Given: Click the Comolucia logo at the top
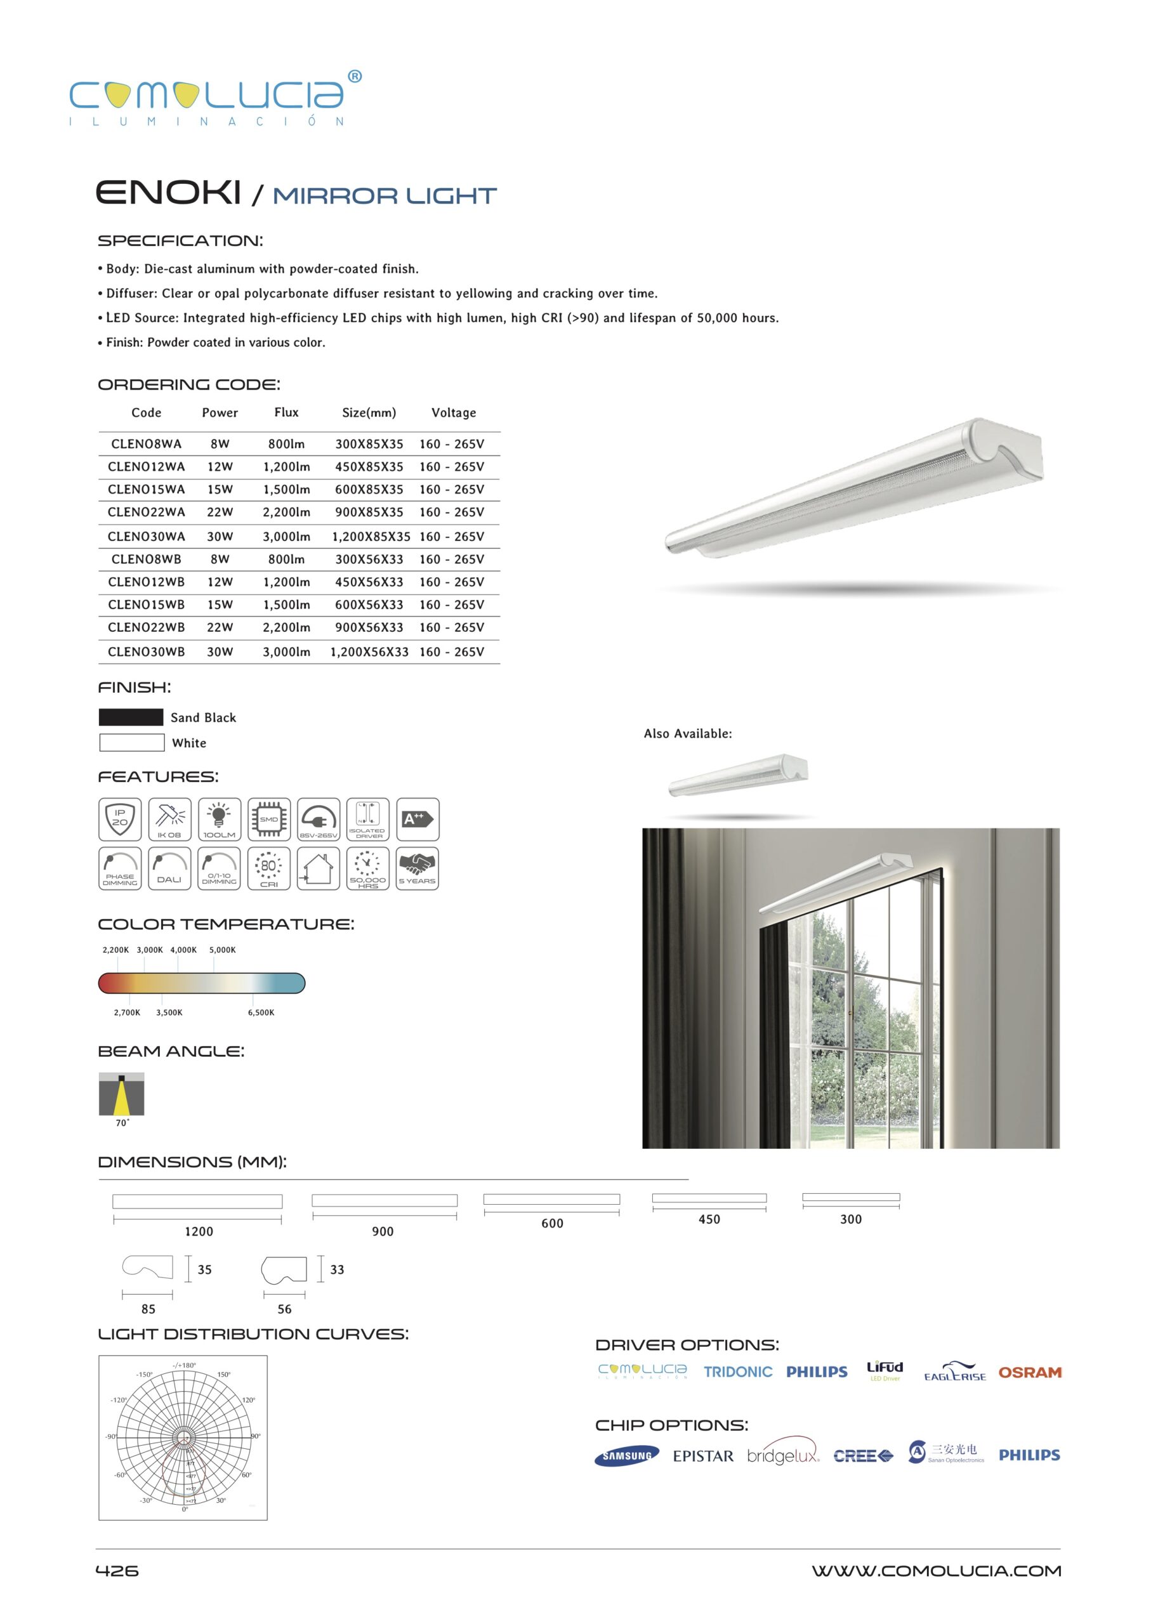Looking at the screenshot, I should (214, 98).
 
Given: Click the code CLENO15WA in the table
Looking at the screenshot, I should (146, 489).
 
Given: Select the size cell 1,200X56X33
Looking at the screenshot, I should (369, 652).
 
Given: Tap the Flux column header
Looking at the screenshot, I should (286, 412).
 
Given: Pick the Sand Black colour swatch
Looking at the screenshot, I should (131, 717).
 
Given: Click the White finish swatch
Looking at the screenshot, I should (132, 742).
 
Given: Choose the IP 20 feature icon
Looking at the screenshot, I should (120, 819).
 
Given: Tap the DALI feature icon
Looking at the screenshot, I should (169, 868).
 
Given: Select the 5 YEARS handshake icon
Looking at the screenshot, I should (417, 868).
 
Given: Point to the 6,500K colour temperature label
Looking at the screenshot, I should (261, 1012).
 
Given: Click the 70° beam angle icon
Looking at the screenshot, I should (121, 1094).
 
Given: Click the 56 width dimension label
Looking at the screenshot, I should (284, 1309).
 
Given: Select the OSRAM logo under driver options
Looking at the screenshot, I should (1029, 1372).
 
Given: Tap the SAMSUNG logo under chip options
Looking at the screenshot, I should (626, 1456).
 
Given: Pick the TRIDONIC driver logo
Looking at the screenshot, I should (737, 1372).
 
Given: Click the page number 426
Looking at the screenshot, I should (117, 1571).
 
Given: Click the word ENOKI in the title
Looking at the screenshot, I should (168, 192).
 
